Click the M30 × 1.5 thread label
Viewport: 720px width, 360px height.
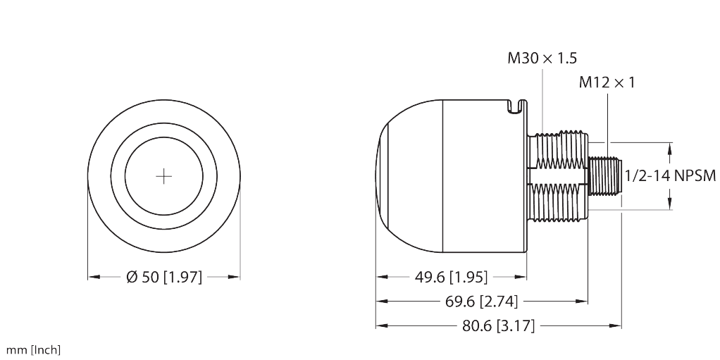tap(538, 58)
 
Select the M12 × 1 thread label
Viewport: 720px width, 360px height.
tap(607, 82)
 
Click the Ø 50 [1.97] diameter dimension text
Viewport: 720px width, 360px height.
tap(163, 278)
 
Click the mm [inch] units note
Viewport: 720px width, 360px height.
tap(33, 350)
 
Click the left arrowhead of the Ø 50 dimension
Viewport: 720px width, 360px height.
tap(91, 278)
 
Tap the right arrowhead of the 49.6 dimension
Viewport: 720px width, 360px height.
tap(524, 277)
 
